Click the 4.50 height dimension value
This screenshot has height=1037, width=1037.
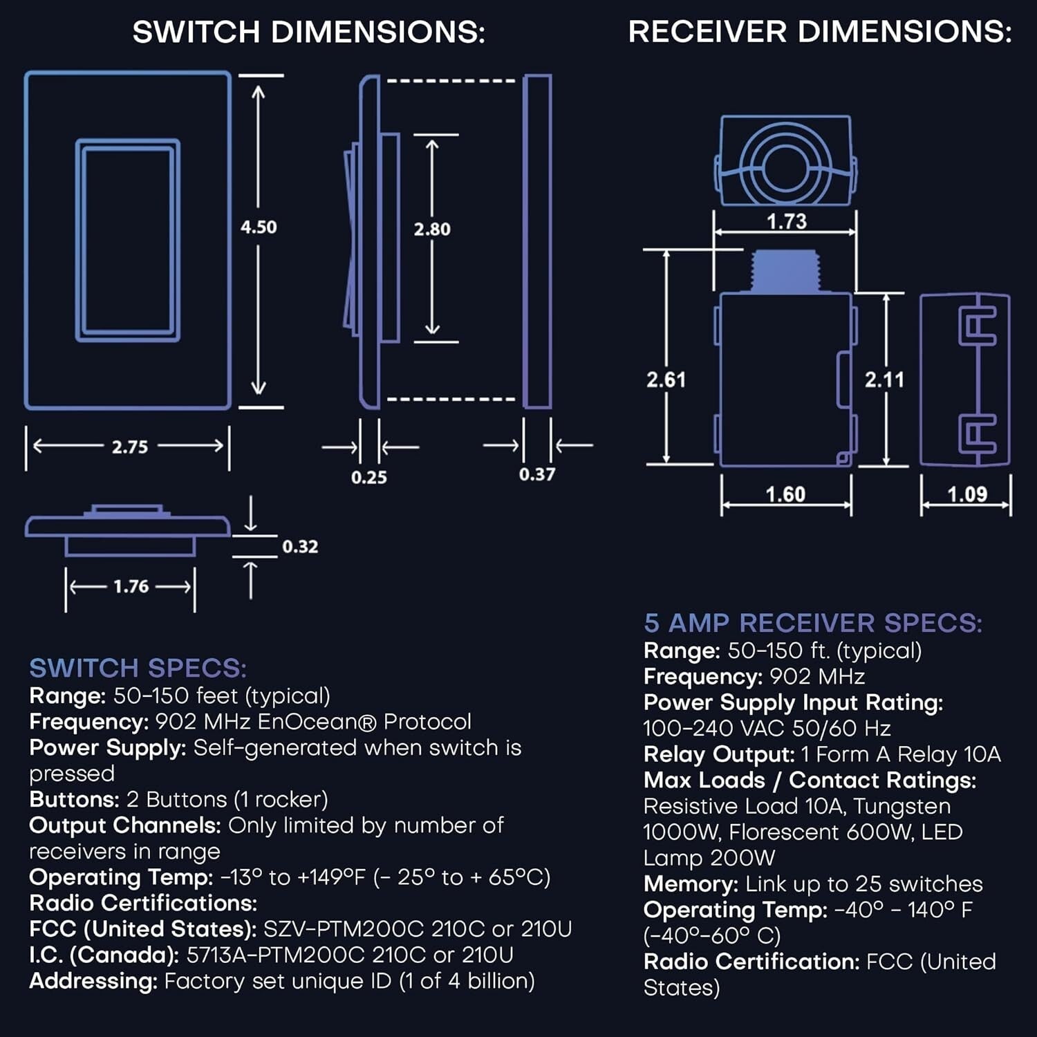pos(259,227)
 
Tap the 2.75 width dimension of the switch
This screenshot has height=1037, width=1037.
pos(130,447)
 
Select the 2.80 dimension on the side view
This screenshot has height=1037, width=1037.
pos(432,229)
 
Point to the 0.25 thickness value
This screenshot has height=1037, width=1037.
pos(368,477)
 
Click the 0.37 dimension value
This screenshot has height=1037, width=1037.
pos(537,474)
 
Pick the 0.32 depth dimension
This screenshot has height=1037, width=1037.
pos(300,547)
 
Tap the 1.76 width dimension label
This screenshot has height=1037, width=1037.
pos(131,586)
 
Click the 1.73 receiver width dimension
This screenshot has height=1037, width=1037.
pos(786,221)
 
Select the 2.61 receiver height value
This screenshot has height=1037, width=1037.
pos(666,380)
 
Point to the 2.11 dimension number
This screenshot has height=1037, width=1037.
pos(884,380)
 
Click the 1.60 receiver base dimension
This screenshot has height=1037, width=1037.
pos(785,494)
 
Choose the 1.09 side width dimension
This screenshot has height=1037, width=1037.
pos(966,494)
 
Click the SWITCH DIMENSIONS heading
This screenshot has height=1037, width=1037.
pos(308,32)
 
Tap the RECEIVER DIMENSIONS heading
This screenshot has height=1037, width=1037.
pos(819,32)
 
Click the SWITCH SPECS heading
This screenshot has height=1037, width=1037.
pos(138,668)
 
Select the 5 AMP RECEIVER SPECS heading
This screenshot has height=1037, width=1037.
pos(812,623)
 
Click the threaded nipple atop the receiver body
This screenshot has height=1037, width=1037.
pos(785,271)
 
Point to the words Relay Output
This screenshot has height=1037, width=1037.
pos(719,754)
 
